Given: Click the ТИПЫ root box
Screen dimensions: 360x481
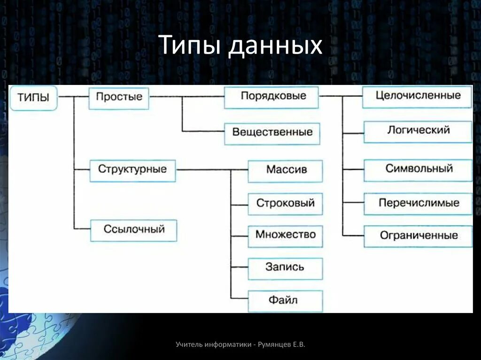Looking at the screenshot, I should pyautogui.click(x=33, y=98).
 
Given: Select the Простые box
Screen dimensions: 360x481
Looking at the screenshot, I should pyautogui.click(x=119, y=98).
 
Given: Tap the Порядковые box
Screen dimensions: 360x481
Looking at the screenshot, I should pyautogui.click(x=272, y=97).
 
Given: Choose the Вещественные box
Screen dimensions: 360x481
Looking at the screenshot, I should pyautogui.click(x=272, y=133).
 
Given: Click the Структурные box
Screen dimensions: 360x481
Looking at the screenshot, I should pyautogui.click(x=132, y=170).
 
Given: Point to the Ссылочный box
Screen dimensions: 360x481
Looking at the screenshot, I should pyautogui.click(x=134, y=230).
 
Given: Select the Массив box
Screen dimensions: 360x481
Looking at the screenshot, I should pyautogui.click(x=286, y=170).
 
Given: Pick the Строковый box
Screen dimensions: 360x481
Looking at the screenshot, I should pyautogui.click(x=286, y=204).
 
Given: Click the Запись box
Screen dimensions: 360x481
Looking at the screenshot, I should pyautogui.click(x=286, y=268).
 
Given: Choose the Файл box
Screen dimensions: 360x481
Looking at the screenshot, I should pyautogui.click(x=286, y=300).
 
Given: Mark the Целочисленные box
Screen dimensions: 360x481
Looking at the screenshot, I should pyautogui.click(x=417, y=97).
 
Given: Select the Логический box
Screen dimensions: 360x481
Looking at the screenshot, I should pyautogui.click(x=418, y=131).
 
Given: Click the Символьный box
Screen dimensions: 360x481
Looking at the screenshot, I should pyautogui.click(x=418, y=169).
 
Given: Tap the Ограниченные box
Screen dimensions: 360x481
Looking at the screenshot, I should pyautogui.click(x=418, y=236).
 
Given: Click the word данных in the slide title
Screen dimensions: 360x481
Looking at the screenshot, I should pyautogui.click(x=275, y=46).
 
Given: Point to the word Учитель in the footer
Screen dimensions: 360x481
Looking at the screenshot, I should pyautogui.click(x=189, y=345).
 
